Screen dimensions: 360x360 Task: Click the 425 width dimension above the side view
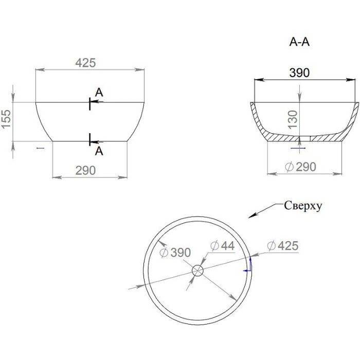point(85,63)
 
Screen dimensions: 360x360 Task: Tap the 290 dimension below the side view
point(85,170)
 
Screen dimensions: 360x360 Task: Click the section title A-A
point(299,42)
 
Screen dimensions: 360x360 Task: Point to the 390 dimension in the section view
point(299,73)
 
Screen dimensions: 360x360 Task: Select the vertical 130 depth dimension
point(293,120)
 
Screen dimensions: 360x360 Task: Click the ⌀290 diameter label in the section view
point(300,167)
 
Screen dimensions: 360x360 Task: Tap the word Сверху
point(303,206)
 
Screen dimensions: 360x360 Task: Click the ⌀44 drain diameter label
point(223,246)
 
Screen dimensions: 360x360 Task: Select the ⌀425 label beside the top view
point(283,246)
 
